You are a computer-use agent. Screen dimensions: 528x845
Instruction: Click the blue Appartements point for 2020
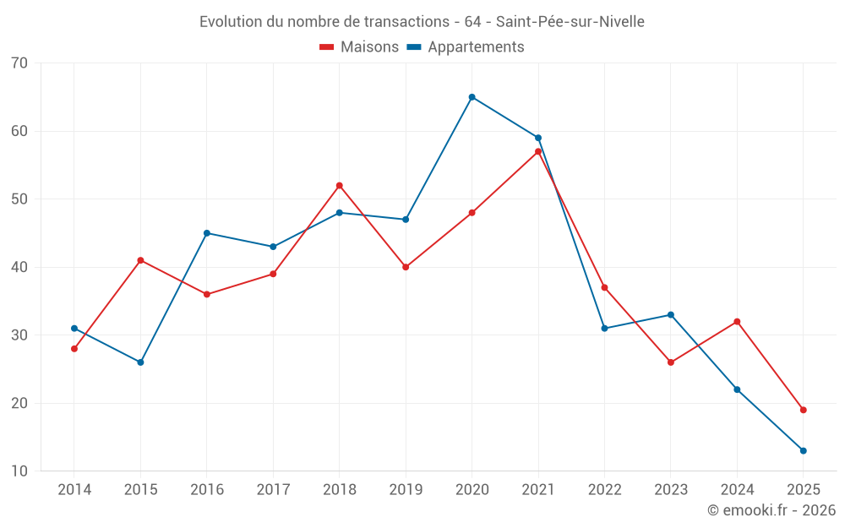pos(472,97)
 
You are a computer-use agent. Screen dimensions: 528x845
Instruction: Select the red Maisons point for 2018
pos(340,186)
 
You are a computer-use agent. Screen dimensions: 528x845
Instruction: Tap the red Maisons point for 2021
pos(538,151)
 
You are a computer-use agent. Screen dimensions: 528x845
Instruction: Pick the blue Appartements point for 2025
pos(804,450)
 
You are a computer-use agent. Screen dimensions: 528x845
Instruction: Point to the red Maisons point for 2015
pos(140,260)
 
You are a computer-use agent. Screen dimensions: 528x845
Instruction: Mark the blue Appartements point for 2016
pos(207,233)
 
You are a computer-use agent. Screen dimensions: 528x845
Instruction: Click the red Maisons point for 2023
pos(671,362)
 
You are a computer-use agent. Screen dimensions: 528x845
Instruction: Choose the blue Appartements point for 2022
pos(604,329)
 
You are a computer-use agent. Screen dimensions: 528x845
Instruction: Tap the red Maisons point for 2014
pos(74,349)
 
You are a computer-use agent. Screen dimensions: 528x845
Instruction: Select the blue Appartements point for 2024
pos(737,389)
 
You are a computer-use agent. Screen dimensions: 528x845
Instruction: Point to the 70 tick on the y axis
pos(19,63)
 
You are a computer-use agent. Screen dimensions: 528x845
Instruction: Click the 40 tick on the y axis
pos(19,267)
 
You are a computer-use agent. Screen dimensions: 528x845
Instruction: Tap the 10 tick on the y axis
pos(19,471)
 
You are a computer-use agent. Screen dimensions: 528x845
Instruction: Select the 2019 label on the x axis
pos(406,490)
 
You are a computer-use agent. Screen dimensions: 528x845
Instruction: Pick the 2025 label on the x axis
pos(804,490)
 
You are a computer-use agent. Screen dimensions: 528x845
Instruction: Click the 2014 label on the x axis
pos(74,490)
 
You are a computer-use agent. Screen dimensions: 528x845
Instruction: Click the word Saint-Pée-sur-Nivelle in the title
pos(570,22)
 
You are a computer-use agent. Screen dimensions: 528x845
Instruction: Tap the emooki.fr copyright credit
pos(771,510)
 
